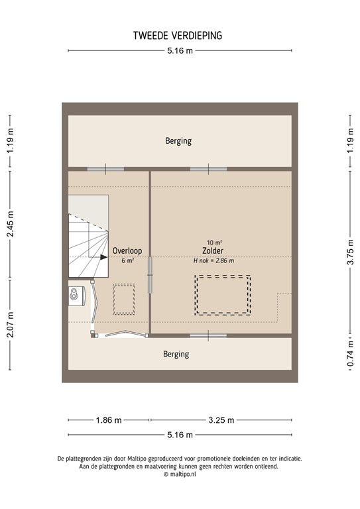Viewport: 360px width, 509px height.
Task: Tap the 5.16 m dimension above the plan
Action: (180, 51)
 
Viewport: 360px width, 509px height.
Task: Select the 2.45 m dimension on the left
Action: (10, 225)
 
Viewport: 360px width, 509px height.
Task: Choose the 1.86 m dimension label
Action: (108, 420)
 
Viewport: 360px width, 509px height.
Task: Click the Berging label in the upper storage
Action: (178, 141)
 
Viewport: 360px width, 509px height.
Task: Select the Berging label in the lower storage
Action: (176, 355)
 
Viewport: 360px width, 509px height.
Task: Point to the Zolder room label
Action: (213, 251)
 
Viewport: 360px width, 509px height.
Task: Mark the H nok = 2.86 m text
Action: (213, 261)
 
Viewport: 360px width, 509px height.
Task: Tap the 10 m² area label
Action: (213, 242)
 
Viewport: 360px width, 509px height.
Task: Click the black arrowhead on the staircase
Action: (103, 257)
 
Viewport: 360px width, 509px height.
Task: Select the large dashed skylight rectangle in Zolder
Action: (222, 295)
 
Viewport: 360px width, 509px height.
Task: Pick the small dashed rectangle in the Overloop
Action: (124, 300)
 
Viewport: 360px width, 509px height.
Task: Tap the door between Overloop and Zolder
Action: (150, 275)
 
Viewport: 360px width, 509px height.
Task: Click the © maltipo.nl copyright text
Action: (180, 475)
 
